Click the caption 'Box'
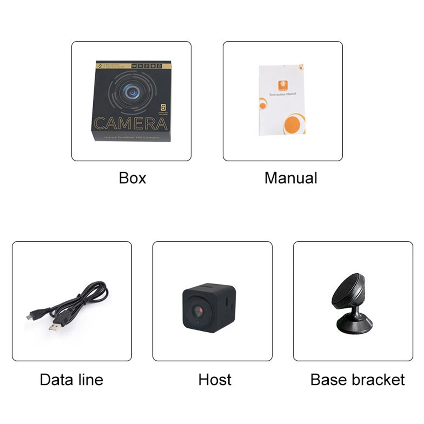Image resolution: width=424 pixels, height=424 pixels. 133,178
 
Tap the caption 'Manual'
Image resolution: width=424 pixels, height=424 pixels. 291,178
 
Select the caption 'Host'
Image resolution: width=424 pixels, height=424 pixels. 215,380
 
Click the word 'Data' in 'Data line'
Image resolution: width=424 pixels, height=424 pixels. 56,380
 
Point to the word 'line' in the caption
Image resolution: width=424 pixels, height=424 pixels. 90,380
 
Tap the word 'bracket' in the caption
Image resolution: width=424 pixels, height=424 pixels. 379,380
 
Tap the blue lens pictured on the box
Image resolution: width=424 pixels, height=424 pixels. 130,90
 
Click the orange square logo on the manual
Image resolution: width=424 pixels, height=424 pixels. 280,85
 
